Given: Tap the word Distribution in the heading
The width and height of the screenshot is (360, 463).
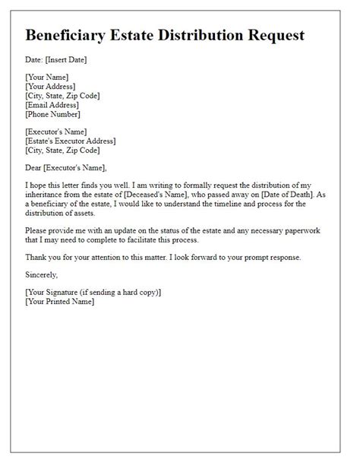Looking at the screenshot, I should (206, 35).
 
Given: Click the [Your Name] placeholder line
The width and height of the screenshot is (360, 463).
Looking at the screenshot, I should (47, 77).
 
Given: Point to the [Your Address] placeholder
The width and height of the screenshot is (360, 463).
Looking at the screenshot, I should (52, 87).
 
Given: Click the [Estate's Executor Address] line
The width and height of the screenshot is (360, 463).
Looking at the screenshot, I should (71, 141).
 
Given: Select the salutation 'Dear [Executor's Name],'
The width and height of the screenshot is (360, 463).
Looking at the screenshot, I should (66, 167).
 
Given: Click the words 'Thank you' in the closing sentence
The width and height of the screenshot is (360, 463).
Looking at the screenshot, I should (42, 257).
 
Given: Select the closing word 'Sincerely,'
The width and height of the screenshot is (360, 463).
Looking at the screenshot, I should (42, 274).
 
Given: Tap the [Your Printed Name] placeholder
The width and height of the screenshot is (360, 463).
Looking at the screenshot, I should (60, 301).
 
